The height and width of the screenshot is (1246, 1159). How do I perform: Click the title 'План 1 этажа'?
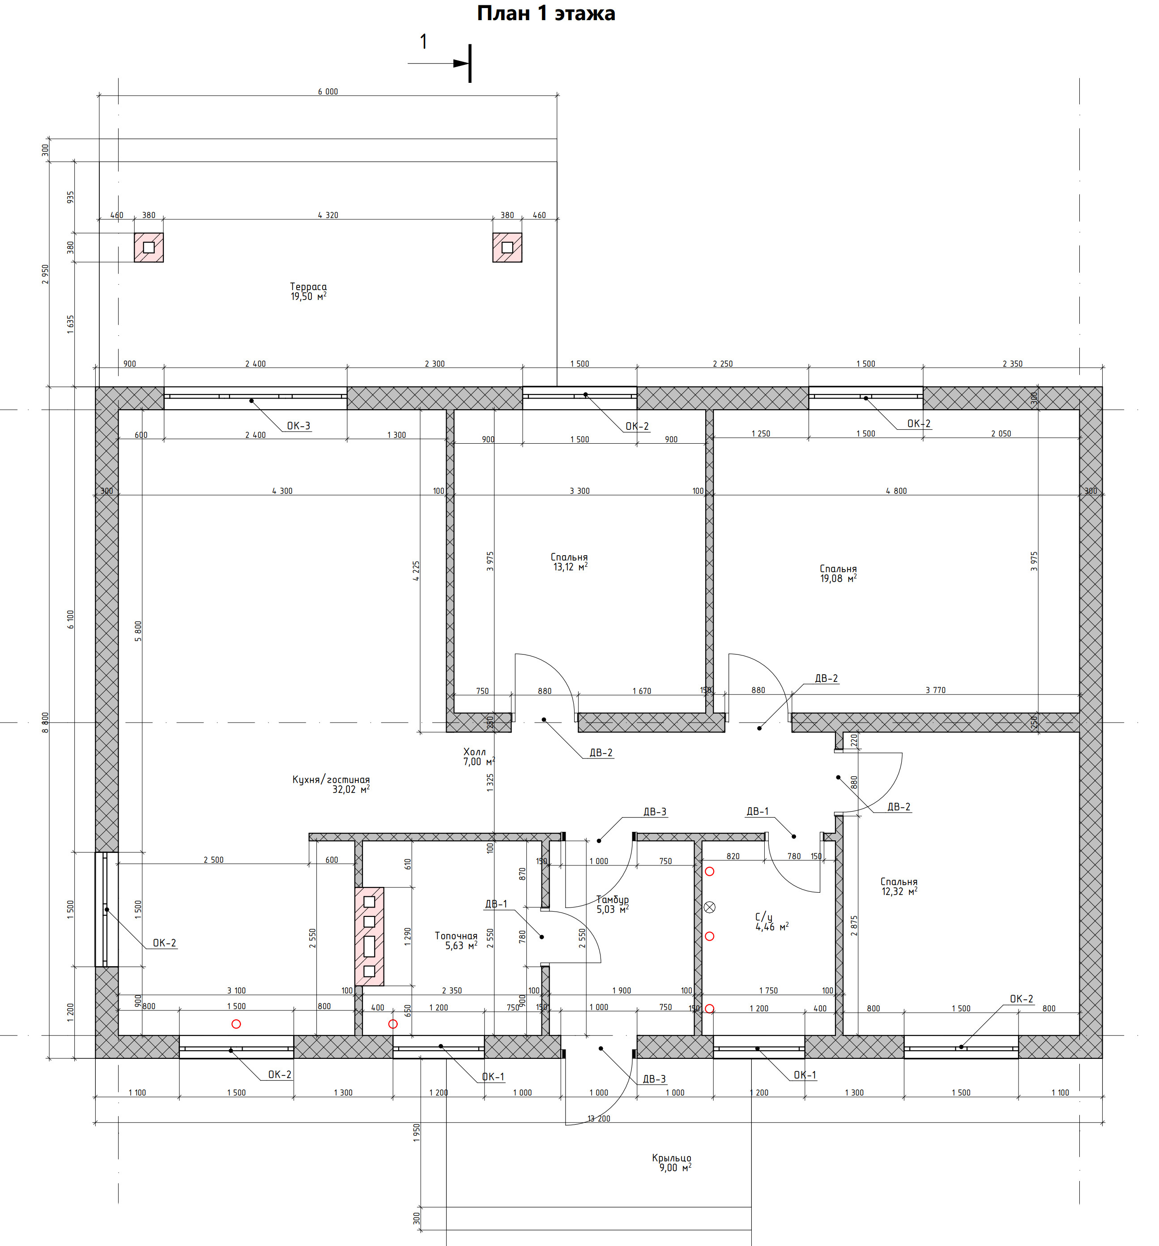(545, 13)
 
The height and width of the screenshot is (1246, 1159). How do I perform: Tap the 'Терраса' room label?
(308, 287)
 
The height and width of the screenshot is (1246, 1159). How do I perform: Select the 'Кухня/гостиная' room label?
(331, 779)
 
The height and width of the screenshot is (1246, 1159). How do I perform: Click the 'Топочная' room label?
(456, 936)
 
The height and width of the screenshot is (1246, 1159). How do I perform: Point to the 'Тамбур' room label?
(612, 899)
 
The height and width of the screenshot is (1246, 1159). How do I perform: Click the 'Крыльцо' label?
(672, 1158)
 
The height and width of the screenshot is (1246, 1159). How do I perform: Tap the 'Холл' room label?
(474, 751)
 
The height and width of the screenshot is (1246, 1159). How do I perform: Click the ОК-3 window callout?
(298, 426)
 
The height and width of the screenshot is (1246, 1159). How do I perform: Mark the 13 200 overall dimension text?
(599, 1118)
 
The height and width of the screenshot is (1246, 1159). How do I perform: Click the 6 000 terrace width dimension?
(328, 91)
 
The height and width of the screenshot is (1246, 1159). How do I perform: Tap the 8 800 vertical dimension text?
(45, 723)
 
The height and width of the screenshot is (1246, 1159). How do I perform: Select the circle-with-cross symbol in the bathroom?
(710, 907)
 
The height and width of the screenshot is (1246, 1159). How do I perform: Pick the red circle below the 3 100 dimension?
(236, 1024)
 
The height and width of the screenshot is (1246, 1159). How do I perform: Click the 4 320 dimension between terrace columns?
(328, 215)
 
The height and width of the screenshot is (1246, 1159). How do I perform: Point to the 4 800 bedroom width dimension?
(896, 491)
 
